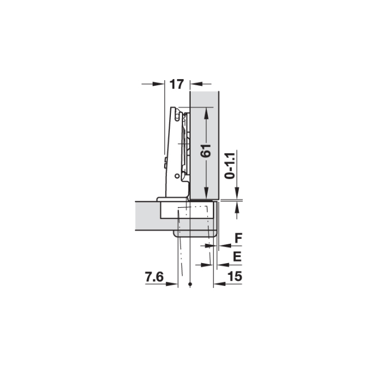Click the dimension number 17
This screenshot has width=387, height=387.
pyautogui.click(x=177, y=84)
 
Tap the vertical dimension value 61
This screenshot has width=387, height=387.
pyautogui.click(x=206, y=150)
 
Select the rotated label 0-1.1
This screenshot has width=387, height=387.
pyautogui.click(x=230, y=166)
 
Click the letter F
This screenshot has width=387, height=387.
pyautogui.click(x=238, y=238)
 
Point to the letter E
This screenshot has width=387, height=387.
pyautogui.click(x=237, y=257)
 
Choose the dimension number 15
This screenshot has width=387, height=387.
pyautogui.click(x=235, y=276)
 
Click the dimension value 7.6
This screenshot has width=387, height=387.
pyautogui.click(x=154, y=276)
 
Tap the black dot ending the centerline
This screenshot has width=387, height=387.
pyautogui.click(x=190, y=284)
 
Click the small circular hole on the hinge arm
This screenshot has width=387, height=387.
pyautogui.click(x=177, y=176)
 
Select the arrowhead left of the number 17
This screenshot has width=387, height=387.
pyautogui.click(x=159, y=84)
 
